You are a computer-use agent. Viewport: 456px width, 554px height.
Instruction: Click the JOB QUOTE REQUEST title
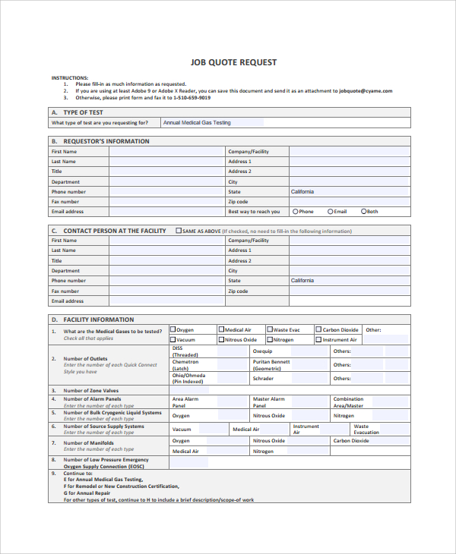coord(233,62)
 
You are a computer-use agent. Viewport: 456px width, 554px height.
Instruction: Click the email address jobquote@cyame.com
coord(366,91)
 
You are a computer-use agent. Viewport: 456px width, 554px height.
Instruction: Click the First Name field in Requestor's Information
coord(167,151)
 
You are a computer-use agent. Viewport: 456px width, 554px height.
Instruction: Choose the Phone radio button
coord(296,212)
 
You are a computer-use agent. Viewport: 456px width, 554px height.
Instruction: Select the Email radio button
coord(330,212)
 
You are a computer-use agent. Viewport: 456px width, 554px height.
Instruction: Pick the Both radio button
coord(363,212)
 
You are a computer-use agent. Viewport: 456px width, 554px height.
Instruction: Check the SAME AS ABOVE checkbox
coord(179,231)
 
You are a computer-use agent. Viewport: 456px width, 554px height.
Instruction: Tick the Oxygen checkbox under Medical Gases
coord(173,330)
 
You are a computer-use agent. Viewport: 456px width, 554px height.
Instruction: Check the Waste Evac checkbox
coord(270,330)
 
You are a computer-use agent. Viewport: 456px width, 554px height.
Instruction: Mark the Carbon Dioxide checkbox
coord(318,330)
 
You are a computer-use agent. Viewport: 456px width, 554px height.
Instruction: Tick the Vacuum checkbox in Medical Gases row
coord(173,340)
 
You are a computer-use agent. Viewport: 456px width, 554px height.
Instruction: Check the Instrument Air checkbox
coord(318,340)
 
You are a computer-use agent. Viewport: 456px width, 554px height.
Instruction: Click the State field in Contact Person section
coord(349,281)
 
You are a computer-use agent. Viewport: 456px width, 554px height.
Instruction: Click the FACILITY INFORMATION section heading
coord(98,319)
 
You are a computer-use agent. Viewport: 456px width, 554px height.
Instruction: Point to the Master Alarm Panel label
coord(269,401)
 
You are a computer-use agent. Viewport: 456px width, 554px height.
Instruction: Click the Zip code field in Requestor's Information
coord(349,202)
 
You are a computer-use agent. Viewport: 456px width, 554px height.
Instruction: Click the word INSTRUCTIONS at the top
coord(70,77)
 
